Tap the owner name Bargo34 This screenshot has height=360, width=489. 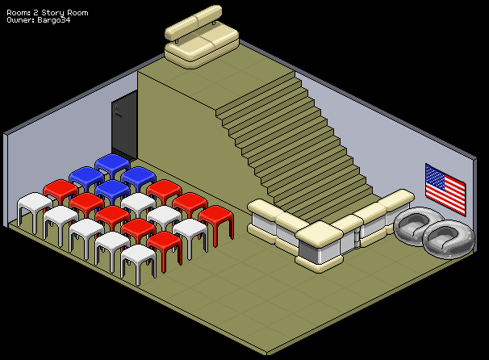tap(54, 20)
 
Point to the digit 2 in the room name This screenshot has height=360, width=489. tap(36, 13)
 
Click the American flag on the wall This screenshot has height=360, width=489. tap(445, 190)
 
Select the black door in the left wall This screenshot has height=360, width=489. tap(124, 125)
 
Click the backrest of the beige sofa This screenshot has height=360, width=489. tap(194, 21)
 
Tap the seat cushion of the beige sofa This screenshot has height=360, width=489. tap(202, 47)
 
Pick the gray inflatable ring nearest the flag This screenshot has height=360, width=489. tap(449, 239)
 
